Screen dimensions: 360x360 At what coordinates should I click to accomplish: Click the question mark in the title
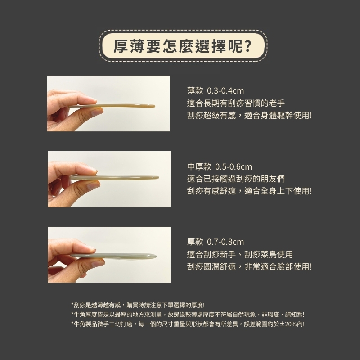click(247, 46)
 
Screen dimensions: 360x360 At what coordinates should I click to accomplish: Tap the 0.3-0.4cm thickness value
click(225, 91)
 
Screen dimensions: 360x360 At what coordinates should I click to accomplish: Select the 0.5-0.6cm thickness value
click(234, 167)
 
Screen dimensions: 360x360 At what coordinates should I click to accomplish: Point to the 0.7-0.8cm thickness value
click(225, 242)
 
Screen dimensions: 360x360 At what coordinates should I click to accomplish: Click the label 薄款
click(195, 91)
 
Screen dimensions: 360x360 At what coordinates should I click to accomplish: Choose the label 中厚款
click(199, 167)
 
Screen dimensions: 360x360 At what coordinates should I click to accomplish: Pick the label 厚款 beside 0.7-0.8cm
click(195, 242)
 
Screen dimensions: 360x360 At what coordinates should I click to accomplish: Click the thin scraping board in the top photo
click(112, 106)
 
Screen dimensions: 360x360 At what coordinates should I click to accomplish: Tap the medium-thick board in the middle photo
click(115, 177)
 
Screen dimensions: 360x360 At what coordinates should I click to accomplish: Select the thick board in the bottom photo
click(114, 256)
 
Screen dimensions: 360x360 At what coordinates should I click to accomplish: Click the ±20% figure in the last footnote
click(288, 324)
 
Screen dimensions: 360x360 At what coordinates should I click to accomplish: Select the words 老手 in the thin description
click(277, 103)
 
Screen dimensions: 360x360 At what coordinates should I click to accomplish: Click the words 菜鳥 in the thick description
click(269, 254)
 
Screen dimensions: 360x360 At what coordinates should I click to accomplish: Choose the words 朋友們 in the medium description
click(273, 179)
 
